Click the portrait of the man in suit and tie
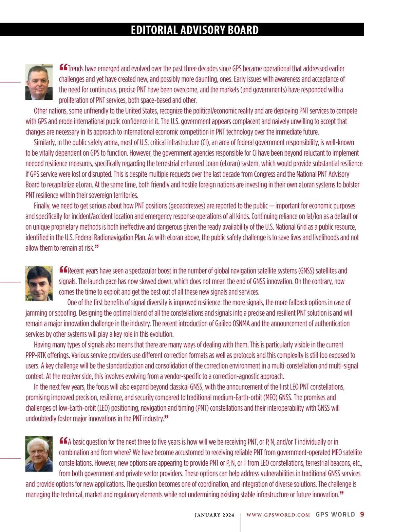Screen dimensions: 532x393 pos(39,82)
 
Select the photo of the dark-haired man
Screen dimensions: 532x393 pos(39,283)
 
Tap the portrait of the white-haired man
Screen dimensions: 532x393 pos(39,454)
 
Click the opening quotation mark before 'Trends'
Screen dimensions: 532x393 pos(63,68)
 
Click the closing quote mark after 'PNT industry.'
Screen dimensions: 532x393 pos(166,417)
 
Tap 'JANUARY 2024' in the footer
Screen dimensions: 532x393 pos(215,515)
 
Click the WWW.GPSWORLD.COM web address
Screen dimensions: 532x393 pos(278,515)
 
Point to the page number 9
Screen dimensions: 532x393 pos(362,514)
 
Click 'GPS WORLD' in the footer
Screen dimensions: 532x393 pos(335,514)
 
